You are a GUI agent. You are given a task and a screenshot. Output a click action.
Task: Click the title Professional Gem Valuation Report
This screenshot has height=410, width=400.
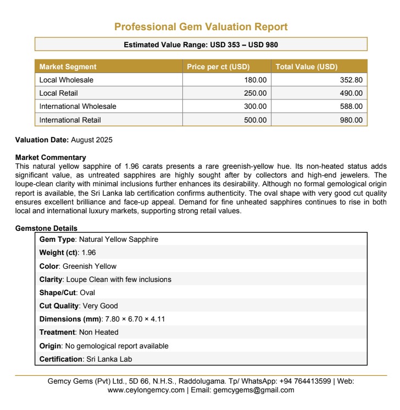(201, 27)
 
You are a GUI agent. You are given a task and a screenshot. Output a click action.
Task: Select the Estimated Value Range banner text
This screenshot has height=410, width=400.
(201, 45)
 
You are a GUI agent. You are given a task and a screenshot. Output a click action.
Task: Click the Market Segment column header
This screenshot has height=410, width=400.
(68, 67)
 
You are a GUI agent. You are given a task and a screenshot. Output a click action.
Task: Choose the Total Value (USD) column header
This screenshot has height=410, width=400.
(306, 67)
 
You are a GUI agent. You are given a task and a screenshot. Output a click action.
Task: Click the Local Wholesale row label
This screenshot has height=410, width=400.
(66, 80)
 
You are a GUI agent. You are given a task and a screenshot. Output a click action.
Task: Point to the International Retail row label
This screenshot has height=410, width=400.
(70, 120)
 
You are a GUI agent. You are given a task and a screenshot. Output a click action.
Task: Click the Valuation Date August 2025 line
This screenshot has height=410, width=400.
(64, 140)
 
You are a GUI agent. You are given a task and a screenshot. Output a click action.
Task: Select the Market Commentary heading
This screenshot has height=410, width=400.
(51, 158)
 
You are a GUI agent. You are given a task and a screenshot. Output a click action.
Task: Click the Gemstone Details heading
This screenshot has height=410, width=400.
(46, 228)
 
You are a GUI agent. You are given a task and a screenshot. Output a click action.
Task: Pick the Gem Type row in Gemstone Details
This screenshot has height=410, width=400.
(99, 240)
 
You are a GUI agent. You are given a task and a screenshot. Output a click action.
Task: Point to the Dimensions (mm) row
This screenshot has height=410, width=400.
(102, 319)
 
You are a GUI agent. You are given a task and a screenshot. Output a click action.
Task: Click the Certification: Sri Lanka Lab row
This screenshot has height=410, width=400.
(86, 359)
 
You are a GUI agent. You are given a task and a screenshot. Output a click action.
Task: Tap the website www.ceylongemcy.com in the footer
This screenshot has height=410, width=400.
(146, 390)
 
